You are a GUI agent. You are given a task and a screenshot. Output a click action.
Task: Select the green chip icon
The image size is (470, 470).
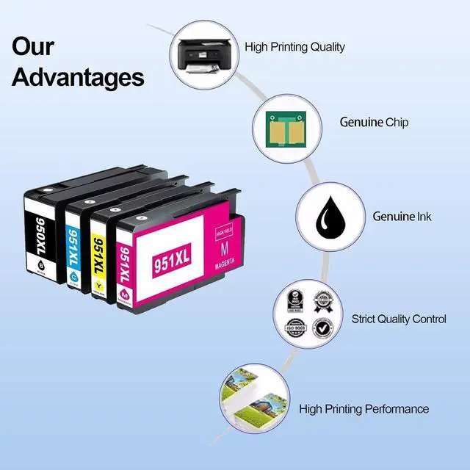point(282,122)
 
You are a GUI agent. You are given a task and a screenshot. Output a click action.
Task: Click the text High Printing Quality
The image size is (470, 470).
point(294,47)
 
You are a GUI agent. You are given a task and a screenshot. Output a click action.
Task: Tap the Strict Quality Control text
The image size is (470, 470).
point(399,319)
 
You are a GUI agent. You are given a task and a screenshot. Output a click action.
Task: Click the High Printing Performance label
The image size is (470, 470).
point(364,408)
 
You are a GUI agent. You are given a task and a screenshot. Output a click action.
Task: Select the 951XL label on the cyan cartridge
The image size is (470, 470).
point(73,247)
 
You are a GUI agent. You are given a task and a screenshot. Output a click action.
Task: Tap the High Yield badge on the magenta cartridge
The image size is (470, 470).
point(222,232)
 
